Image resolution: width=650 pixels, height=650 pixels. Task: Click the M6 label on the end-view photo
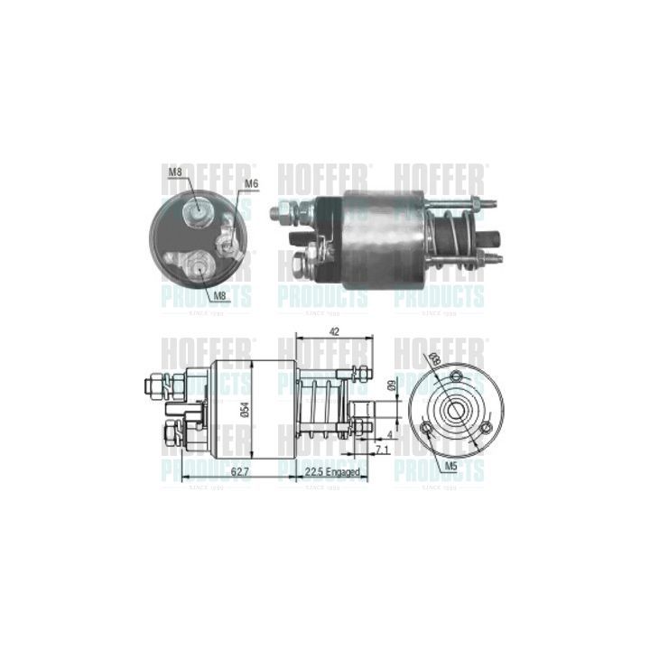pyautogui.click(x=252, y=183)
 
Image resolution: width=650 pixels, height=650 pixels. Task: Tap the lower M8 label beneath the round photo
pyautogui.click(x=221, y=295)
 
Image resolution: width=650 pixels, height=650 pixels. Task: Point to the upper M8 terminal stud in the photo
pyautogui.click(x=195, y=210)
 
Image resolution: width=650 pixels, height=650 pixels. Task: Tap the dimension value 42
pyautogui.click(x=335, y=331)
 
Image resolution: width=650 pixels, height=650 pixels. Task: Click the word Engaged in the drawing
pyautogui.click(x=343, y=472)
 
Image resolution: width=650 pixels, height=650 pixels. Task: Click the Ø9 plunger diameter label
pyautogui.click(x=391, y=385)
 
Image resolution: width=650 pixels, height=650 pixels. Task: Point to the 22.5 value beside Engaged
pyautogui.click(x=312, y=472)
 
